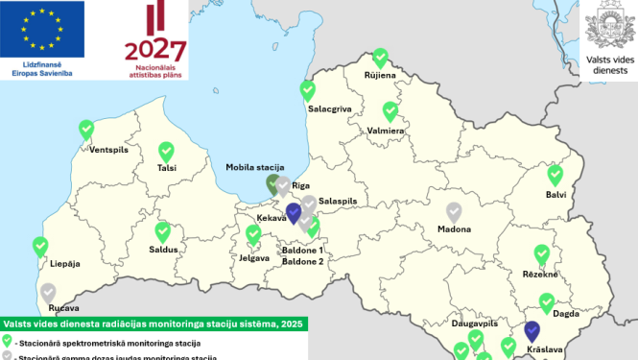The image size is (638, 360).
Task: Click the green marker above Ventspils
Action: [x=87, y=130]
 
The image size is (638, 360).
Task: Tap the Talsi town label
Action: [x=167, y=168]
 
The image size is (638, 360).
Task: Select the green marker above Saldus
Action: [x=163, y=231]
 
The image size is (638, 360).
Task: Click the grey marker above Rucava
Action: [x=48, y=291]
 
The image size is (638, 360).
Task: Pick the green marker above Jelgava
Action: [x=254, y=234]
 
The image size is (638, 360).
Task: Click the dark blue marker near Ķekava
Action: [x=295, y=211]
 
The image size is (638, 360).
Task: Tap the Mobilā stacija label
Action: [x=254, y=167]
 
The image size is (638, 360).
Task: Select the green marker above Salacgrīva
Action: [x=308, y=90]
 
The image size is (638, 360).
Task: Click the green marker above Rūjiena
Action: [x=380, y=59]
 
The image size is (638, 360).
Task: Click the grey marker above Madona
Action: [x=455, y=211]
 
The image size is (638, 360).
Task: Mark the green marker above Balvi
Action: [x=555, y=175]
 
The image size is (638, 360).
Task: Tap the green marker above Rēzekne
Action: [x=542, y=253]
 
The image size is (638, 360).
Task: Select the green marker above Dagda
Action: [x=547, y=303]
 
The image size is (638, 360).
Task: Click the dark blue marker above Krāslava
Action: [x=533, y=331]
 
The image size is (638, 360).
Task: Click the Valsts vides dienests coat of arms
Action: [x=610, y=21]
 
